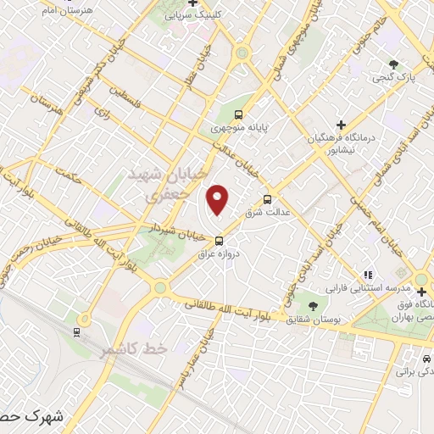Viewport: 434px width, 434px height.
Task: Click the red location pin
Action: point(219,199)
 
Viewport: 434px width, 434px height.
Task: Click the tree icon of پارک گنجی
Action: point(393,64)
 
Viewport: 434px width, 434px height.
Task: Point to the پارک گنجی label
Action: point(392,78)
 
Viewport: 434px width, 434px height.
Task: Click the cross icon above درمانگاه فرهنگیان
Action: point(342,123)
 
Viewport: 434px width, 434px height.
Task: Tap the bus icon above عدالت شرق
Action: point(268,199)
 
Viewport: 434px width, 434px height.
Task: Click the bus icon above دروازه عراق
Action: point(220,240)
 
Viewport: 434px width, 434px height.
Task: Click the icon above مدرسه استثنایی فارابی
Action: point(368,275)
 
